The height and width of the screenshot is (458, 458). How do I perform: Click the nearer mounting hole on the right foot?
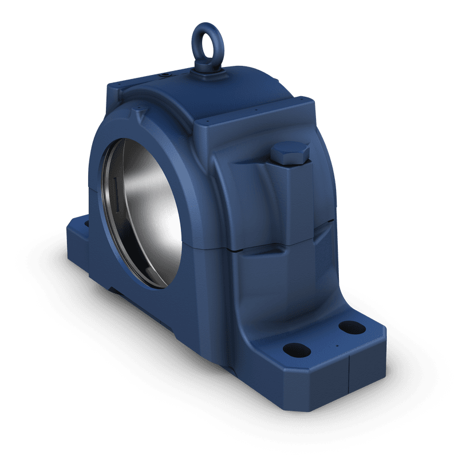coord(297,348)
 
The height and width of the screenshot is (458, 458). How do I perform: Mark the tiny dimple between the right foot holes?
coord(337,345)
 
